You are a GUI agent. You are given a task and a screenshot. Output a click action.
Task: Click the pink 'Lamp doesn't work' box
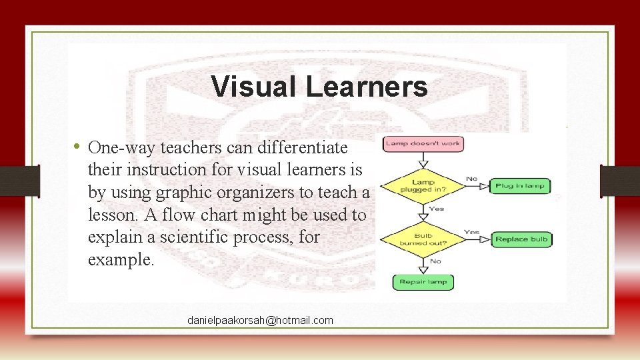tap(423, 143)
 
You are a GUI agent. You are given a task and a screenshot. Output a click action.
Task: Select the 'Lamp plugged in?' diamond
tap(423, 185)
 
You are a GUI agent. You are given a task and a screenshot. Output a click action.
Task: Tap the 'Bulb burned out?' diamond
tap(423, 239)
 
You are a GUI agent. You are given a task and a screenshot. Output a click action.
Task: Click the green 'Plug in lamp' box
tap(520, 185)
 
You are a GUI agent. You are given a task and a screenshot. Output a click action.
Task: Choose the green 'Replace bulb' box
tap(521, 239)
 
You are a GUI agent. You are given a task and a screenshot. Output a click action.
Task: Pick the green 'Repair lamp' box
tap(423, 282)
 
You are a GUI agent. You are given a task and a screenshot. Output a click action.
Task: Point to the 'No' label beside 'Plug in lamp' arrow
tap(472, 179)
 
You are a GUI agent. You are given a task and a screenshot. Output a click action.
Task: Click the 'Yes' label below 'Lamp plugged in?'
tap(437, 209)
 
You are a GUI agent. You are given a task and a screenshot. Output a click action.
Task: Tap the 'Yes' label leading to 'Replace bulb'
tap(472, 232)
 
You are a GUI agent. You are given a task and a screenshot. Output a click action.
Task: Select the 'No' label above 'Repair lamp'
tap(435, 261)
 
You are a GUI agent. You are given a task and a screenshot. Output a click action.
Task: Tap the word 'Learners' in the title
tap(367, 87)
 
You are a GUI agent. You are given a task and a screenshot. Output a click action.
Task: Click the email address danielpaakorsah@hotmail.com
tap(260, 321)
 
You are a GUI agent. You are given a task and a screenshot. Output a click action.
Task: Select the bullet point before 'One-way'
tap(77, 146)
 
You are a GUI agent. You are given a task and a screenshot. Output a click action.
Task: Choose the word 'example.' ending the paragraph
tap(121, 260)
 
